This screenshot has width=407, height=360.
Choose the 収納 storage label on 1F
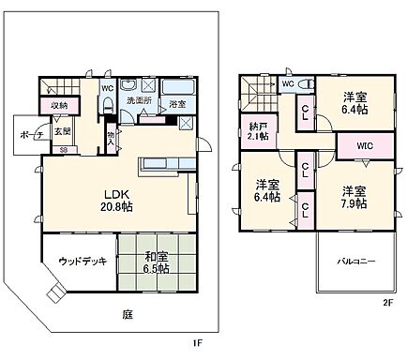(x=59, y=105)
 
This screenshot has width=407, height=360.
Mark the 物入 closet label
(x=111, y=139)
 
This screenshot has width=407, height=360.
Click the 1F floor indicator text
(x=198, y=343)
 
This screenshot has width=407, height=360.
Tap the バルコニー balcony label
(x=354, y=261)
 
